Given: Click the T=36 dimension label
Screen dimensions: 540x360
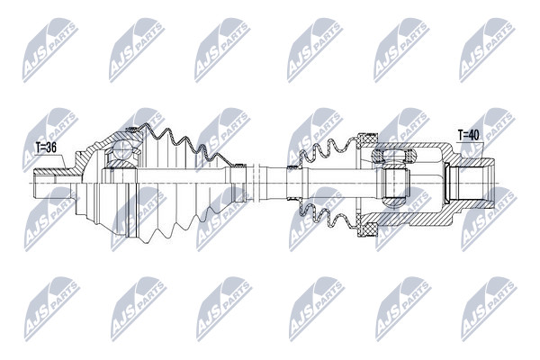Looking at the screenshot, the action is pos(46,148).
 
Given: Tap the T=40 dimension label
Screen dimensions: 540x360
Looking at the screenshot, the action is pos(468,135).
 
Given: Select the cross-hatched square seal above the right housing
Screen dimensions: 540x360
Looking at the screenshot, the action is pos(368,139).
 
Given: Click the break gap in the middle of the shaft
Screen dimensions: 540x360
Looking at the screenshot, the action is pos(256,184).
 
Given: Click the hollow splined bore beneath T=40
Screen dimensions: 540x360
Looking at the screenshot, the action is pos(471,184).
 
